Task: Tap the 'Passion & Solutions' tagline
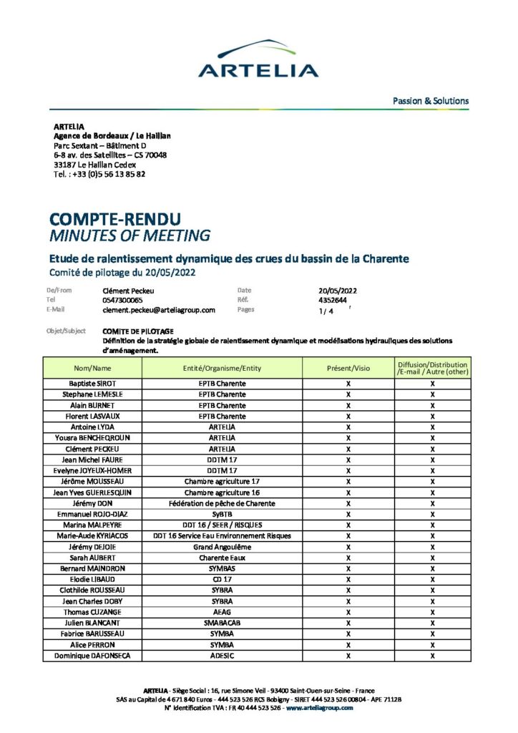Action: click(x=431, y=101)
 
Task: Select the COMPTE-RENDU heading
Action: click(x=114, y=218)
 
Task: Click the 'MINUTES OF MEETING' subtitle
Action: click(x=129, y=236)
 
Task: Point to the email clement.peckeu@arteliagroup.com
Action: click(x=159, y=310)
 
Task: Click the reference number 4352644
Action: click(x=333, y=301)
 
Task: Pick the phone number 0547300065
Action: click(x=123, y=301)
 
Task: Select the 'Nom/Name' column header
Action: click(x=92, y=368)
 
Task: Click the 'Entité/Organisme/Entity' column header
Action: click(x=222, y=368)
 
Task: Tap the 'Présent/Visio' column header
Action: click(x=348, y=368)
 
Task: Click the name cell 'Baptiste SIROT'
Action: click(x=92, y=384)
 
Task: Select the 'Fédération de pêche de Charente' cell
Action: click(x=222, y=503)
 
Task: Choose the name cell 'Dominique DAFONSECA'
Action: click(x=92, y=656)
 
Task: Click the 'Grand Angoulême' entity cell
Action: click(x=222, y=547)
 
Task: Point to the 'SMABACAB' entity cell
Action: click(x=222, y=623)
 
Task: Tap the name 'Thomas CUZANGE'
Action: click(x=92, y=612)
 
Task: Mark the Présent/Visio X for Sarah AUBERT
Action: click(x=348, y=558)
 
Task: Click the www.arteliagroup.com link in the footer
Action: click(x=320, y=708)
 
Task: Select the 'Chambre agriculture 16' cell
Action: click(x=222, y=492)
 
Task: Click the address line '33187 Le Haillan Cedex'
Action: click(x=94, y=164)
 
